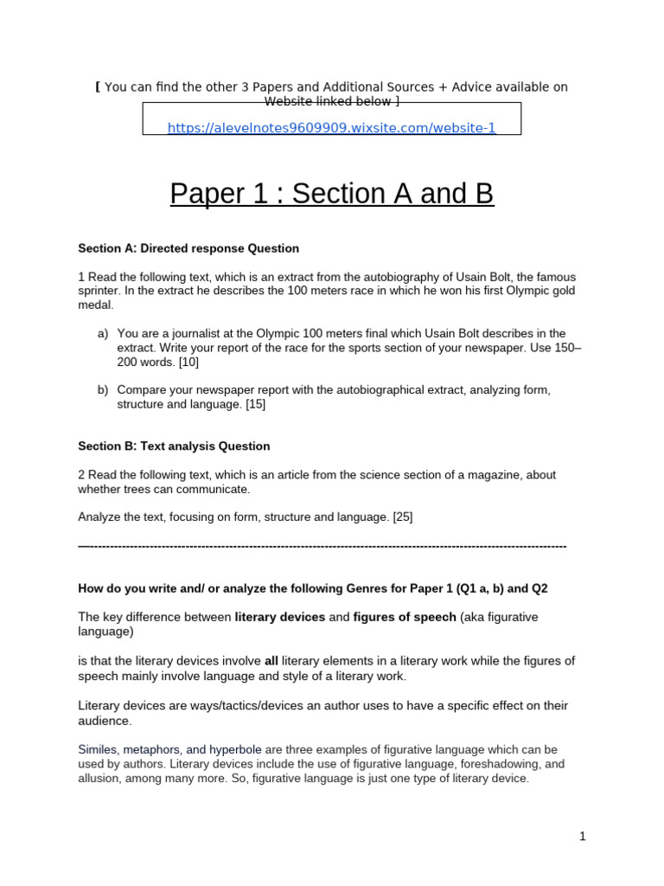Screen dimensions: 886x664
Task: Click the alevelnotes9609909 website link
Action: (x=331, y=128)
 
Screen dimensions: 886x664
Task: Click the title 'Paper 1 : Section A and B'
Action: (x=331, y=193)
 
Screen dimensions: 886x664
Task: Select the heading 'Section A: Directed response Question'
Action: (x=188, y=248)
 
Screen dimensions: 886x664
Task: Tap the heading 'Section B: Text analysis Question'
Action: (x=174, y=446)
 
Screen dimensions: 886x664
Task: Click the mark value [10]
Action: (x=188, y=363)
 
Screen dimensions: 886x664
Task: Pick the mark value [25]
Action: (x=402, y=517)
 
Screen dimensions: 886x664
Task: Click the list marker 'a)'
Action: (x=103, y=333)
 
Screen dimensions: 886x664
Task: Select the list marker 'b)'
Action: (x=103, y=390)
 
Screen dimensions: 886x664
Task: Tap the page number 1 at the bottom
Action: (x=583, y=836)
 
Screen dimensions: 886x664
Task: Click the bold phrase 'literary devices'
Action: (x=280, y=617)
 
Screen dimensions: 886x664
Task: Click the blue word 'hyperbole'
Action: (x=234, y=749)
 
